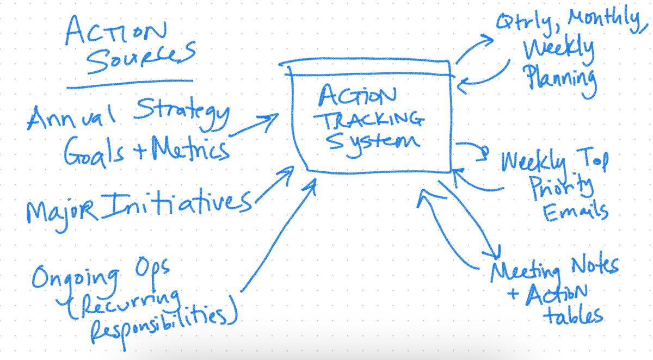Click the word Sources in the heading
click(140, 58)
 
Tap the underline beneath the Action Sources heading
click(130, 84)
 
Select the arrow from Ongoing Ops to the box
click(278, 234)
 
